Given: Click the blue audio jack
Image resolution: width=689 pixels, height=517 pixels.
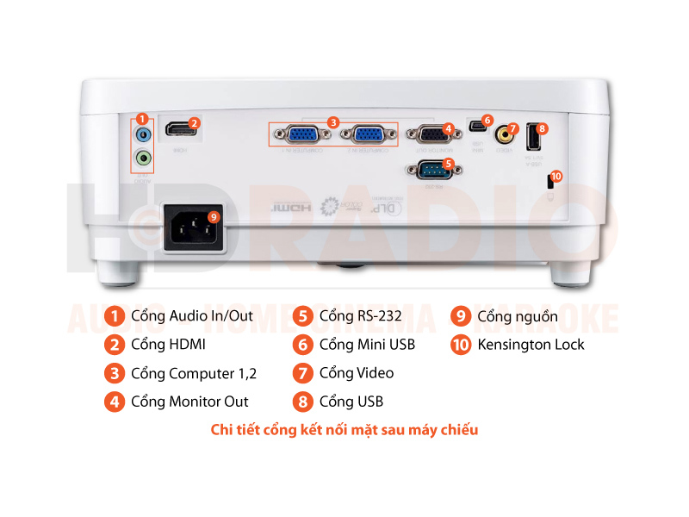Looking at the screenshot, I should pyautogui.click(x=144, y=135).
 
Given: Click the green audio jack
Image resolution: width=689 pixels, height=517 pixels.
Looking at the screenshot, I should pyautogui.click(x=144, y=159).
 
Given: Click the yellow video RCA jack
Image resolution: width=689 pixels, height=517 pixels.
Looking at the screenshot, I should pyautogui.click(x=501, y=134).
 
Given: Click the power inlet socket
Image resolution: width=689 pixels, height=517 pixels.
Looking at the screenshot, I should pyautogui.click(x=194, y=229).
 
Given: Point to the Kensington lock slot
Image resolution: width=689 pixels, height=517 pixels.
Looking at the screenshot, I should pyautogui.click(x=549, y=183).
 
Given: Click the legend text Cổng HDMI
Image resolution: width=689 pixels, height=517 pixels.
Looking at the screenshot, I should pyautogui.click(x=168, y=345).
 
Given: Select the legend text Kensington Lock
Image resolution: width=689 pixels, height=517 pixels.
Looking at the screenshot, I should pyautogui.click(x=531, y=345).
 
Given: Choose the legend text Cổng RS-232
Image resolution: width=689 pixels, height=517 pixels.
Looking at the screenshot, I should pyautogui.click(x=360, y=316).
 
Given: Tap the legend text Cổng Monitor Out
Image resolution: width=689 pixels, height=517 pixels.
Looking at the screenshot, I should pyautogui.click(x=189, y=402).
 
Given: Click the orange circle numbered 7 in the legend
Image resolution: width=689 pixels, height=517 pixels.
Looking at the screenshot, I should pyautogui.click(x=301, y=373).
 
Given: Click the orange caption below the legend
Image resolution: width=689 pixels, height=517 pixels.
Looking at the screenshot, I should pyautogui.click(x=344, y=429).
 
